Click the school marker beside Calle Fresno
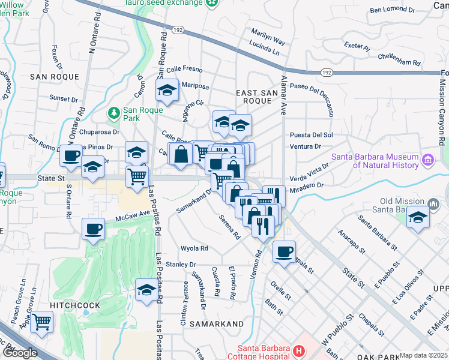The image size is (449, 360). click(167, 91)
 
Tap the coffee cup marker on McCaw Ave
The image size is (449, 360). click(94, 229)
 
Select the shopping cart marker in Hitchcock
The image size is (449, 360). click(41, 322)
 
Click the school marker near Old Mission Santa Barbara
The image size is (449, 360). click(418, 218)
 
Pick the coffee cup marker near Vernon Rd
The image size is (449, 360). click(285, 251)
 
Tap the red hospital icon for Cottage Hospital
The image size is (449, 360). click(299, 350)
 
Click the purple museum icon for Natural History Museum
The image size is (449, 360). click(427, 160)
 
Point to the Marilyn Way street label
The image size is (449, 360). click(268, 38)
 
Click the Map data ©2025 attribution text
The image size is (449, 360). click(423, 355)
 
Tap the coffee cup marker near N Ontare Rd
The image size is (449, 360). click(71, 155)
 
